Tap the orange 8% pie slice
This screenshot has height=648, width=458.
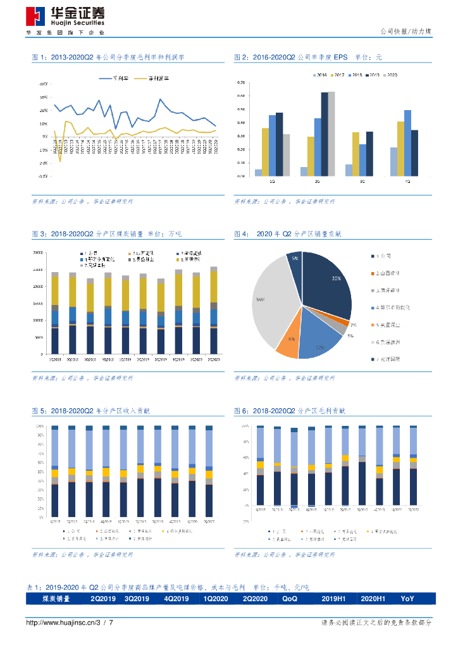[288, 345]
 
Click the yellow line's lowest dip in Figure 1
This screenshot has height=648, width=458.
[61, 161]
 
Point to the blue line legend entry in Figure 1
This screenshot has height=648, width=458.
[114, 78]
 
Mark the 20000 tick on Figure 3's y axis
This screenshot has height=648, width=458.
[38, 252]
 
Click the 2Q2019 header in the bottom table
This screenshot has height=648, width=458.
[103, 599]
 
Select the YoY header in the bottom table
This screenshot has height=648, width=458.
[408, 599]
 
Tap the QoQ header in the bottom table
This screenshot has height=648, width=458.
[290, 599]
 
